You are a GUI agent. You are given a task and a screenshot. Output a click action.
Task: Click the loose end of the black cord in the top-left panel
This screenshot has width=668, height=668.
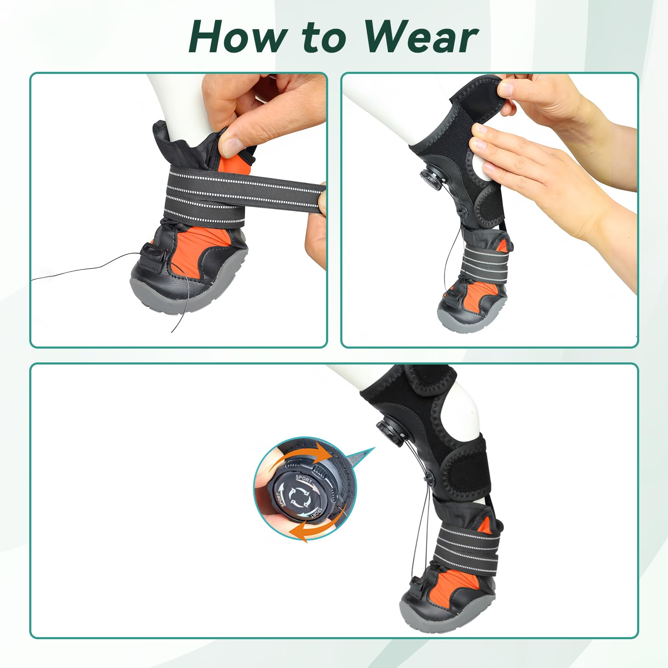(x=33, y=280)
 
